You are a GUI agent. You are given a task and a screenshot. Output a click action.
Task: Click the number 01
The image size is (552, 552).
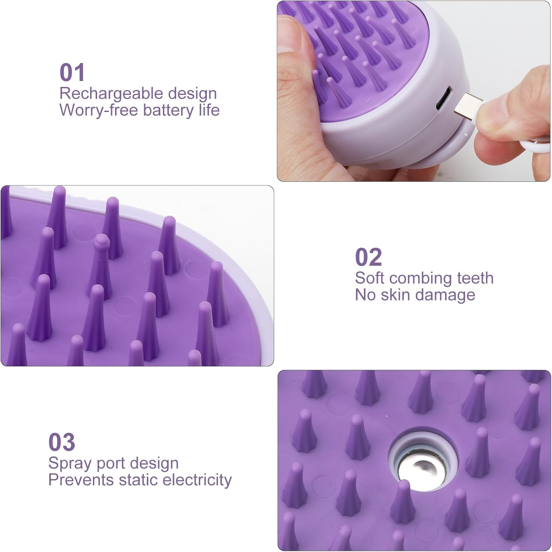72,72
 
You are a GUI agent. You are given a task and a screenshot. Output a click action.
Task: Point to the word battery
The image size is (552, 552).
169,110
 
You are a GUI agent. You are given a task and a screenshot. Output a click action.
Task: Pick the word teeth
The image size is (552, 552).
475,278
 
